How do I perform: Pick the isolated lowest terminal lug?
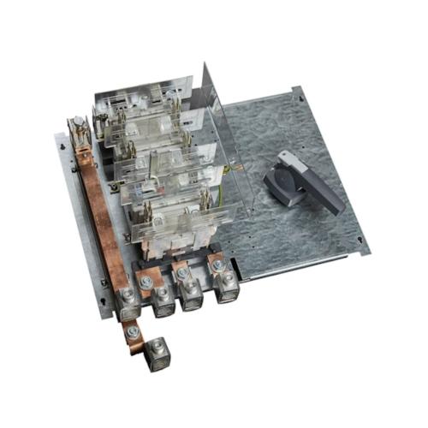point(156,354)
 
